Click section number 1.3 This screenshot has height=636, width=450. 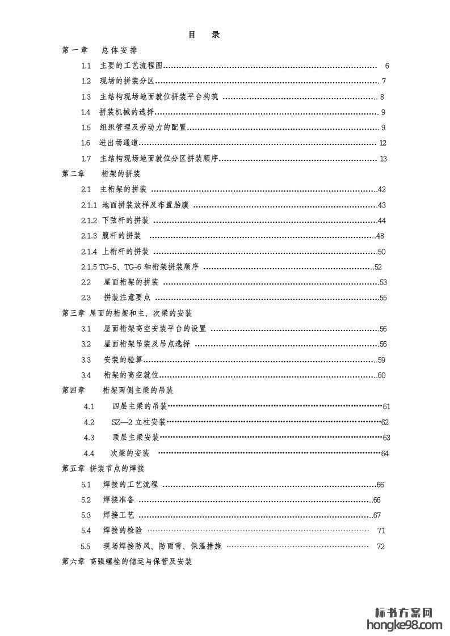86,97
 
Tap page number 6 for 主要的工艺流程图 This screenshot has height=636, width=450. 386,66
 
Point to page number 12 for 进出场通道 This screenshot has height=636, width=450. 383,143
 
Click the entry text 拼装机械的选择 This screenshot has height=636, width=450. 127,112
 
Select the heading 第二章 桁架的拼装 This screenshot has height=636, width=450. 101,174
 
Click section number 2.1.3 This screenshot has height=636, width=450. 90,236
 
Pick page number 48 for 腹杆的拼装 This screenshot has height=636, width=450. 380,236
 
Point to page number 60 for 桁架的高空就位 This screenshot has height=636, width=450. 382,375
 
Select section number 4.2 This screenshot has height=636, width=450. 89,422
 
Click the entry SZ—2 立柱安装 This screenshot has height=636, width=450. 139,422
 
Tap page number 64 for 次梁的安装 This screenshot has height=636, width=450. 385,453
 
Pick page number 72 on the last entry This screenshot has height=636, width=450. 381,547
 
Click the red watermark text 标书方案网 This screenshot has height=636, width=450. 405,613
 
